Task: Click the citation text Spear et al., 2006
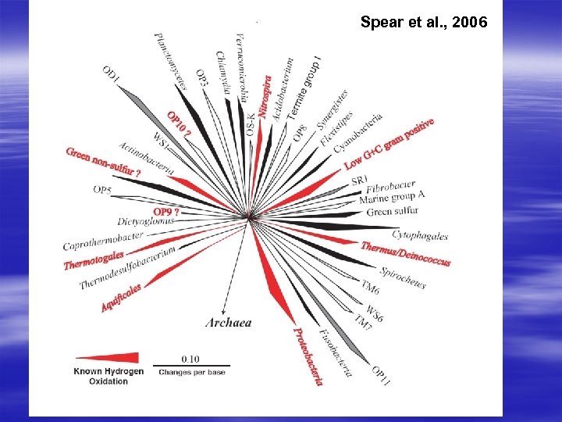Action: pos(424,23)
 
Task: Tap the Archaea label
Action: pos(228,322)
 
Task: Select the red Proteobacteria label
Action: pos(308,356)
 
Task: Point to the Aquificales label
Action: pos(121,298)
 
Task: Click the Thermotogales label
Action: pos(94,259)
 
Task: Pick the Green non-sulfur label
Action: pos(103,161)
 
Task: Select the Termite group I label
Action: pos(305,87)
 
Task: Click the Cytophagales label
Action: pos(420,234)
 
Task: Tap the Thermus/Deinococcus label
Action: pos(405,252)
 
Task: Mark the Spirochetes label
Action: pos(403,277)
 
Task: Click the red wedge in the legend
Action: pos(113,357)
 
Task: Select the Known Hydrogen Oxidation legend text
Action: pos(108,376)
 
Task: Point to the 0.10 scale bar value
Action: pos(190,359)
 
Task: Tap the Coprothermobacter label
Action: pos(102,241)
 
